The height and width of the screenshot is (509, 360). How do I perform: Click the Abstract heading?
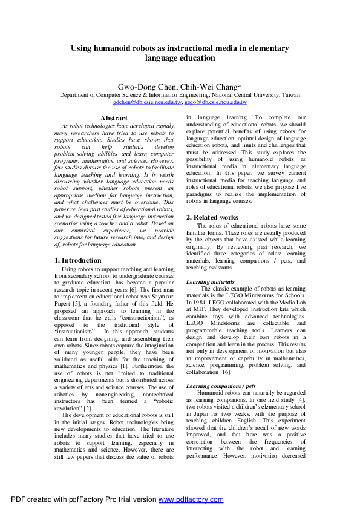click(x=114, y=118)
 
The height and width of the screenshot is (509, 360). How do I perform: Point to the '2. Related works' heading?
click(x=212, y=217)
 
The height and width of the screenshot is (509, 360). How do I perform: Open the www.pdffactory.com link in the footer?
click(x=191, y=499)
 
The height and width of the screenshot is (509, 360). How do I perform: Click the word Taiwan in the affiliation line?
click(x=291, y=96)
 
